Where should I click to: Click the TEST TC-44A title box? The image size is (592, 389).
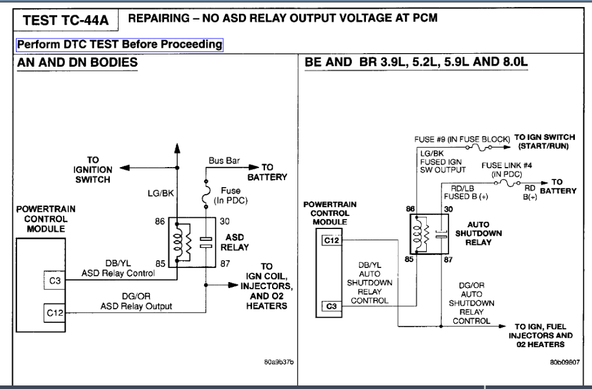tap(66, 20)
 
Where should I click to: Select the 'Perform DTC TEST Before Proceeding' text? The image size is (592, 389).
tap(120, 44)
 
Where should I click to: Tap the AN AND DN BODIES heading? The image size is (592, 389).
tap(77, 63)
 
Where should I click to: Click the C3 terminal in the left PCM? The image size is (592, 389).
tap(55, 280)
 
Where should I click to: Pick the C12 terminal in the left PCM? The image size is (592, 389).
tap(55, 313)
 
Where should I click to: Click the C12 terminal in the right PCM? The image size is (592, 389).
tap(332, 240)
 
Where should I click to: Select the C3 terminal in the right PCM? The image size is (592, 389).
tap(332, 306)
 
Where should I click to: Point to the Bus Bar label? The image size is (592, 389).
tap(224, 161)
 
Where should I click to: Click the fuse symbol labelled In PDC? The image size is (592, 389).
tap(206, 194)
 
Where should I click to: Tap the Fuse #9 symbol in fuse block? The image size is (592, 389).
tap(479, 148)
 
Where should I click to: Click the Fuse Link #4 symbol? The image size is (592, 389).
tap(508, 183)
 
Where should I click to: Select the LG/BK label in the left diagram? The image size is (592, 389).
tap(161, 194)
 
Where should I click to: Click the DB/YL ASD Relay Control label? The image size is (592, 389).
tap(118, 268)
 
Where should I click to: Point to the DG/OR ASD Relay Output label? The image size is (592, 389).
tap(136, 301)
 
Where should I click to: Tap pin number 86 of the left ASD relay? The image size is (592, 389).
tap(160, 221)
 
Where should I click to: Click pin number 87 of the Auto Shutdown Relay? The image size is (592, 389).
tap(448, 260)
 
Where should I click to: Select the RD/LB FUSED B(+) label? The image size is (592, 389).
tap(466, 192)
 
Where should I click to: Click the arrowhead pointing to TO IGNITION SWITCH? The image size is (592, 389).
tap(125, 168)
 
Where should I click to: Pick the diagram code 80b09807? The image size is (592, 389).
tap(564, 362)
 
